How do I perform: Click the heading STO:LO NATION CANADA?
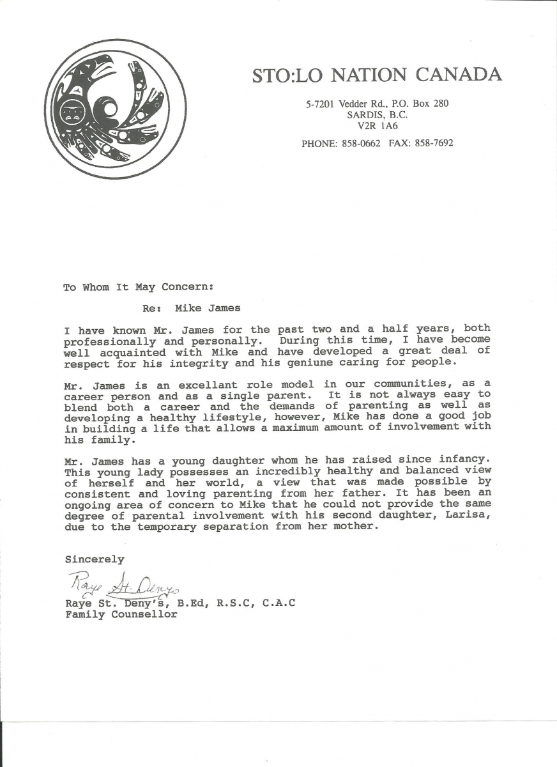click(377, 75)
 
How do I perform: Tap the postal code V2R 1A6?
click(378, 126)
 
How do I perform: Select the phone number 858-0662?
click(360, 143)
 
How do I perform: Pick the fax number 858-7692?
click(434, 143)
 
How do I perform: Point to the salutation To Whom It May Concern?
click(138, 287)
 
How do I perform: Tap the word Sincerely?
click(95, 559)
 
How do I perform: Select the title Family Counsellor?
click(121, 614)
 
